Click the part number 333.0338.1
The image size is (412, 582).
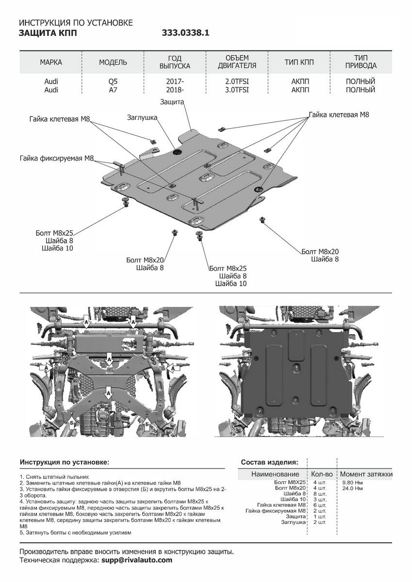coord(185,33)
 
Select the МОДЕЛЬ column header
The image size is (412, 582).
coord(113,63)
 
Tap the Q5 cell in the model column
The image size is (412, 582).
coord(113,81)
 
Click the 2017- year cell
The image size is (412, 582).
coord(175,81)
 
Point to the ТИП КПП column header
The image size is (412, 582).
coord(299,63)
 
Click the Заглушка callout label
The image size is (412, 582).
coord(143,117)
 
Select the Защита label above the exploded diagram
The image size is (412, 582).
coord(172,102)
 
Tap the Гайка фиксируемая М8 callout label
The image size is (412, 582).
coord(56,158)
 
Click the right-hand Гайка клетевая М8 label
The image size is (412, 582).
coord(339,115)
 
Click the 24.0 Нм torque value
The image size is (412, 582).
coord(352,488)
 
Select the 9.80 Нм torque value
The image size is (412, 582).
coord(352,482)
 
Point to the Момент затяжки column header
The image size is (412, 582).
coord(366,474)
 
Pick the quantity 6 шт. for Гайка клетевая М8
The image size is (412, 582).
coord(319,505)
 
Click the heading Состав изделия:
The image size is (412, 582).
coord(269,462)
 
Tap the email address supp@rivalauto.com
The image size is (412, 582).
coord(137,560)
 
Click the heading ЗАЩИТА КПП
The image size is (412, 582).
coord(48,33)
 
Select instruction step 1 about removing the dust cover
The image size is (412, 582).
coord(54,477)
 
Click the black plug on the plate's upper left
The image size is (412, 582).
coord(177,152)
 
